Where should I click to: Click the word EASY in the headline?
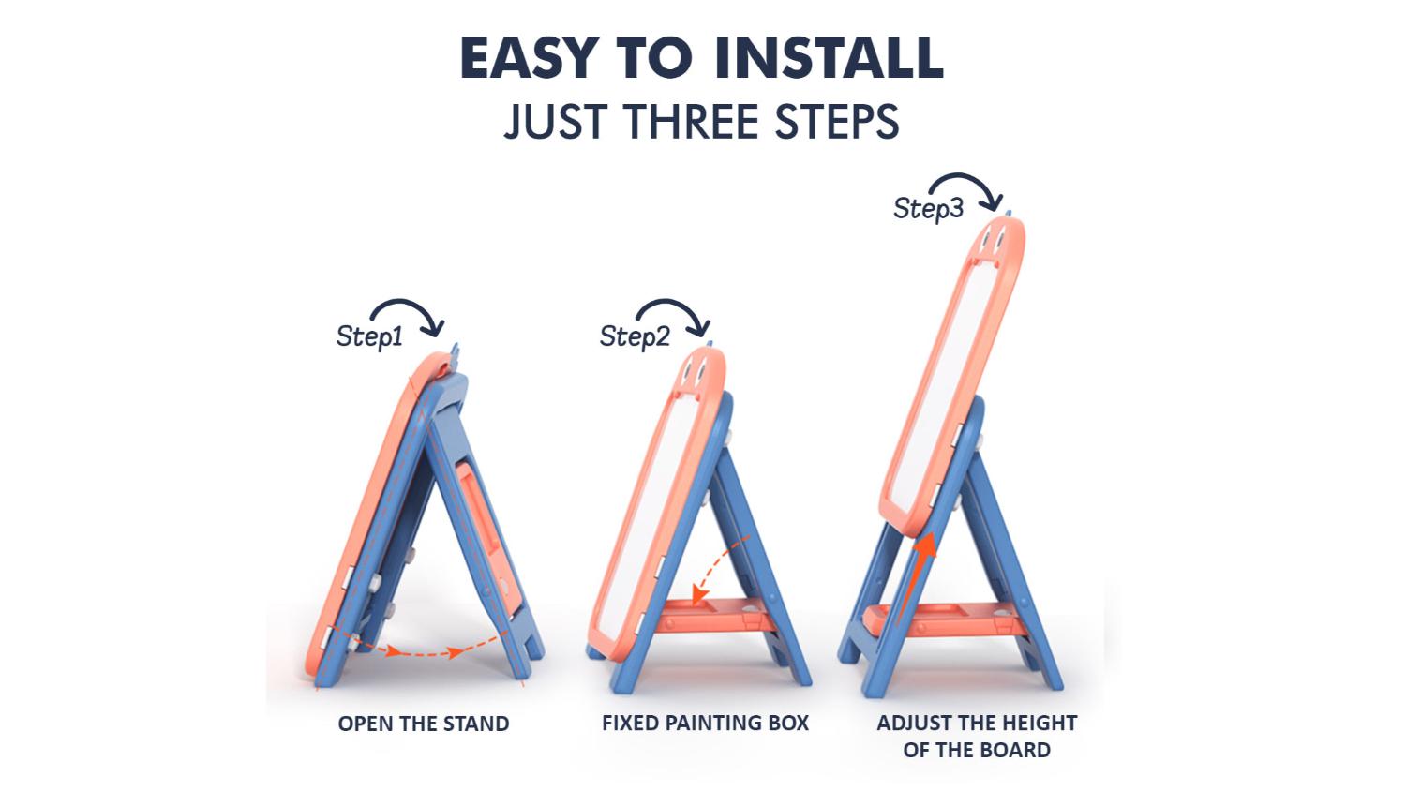531,57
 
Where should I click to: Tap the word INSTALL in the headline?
829,57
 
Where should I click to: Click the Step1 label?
369,336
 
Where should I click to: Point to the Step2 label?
635,336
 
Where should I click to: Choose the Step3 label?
928,208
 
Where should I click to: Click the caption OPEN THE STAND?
424,724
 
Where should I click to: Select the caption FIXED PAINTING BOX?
706,724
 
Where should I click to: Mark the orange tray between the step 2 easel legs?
715,615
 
